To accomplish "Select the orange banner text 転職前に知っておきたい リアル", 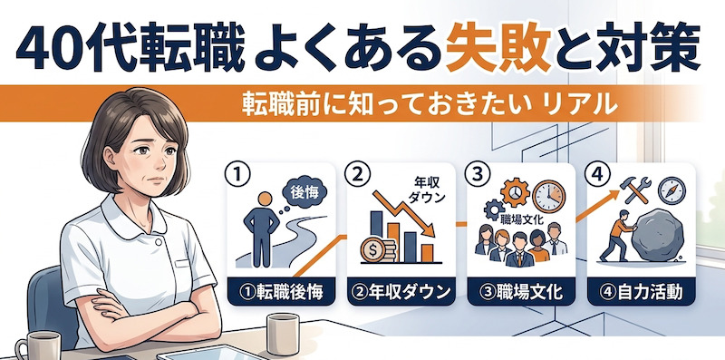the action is [430, 105].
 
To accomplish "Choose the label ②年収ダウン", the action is [401, 292].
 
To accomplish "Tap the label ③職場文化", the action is [521, 292].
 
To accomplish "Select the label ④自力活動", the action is [642, 292].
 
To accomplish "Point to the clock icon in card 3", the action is [549, 196].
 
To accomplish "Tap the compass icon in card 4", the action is [672, 190].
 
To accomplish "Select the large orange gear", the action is [514, 191].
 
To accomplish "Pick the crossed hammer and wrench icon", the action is [638, 190].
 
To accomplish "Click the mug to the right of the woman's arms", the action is [283, 334].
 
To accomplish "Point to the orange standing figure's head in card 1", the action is [265, 199].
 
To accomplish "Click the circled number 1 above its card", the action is [237, 174].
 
